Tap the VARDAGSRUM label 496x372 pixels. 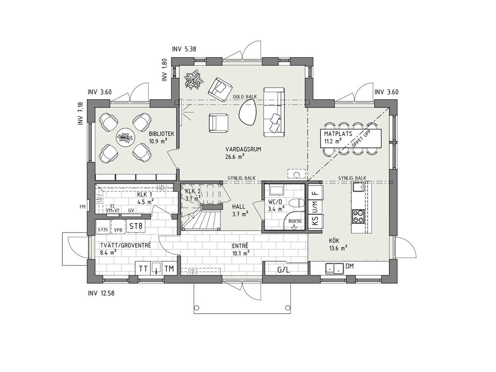243,149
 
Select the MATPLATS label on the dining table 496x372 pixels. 338,134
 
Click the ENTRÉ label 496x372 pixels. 240,246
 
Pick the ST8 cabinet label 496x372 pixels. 136,226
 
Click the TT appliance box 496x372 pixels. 143,269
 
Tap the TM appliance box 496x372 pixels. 170,269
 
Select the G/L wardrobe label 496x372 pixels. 283,270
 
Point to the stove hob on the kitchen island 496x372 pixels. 358,217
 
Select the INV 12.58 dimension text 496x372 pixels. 101,293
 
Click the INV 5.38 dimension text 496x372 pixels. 184,49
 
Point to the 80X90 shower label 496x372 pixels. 295,221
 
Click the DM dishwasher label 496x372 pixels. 350,266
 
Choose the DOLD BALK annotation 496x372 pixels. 245,96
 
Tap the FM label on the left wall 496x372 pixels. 82,207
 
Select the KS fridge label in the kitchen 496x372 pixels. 315,220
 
